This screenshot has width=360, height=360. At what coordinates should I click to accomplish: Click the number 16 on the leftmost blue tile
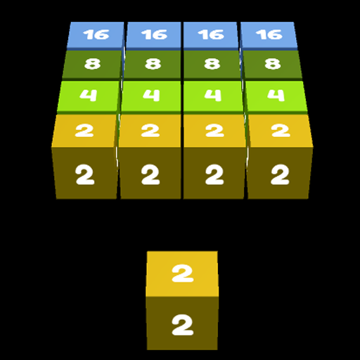[96, 34]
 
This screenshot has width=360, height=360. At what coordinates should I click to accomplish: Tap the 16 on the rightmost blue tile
[269, 34]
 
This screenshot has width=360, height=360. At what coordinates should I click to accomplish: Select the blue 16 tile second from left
[154, 35]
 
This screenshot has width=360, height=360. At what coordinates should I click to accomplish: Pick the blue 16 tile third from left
[210, 35]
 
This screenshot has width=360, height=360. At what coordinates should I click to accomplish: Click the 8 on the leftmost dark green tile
[92, 64]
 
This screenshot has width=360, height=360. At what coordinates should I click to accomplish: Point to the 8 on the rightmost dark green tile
[273, 64]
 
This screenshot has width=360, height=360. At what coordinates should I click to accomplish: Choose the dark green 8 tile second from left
[153, 64]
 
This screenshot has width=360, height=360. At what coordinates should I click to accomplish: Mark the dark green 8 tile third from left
[212, 64]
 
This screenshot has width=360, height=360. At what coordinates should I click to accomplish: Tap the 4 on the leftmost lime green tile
[88, 95]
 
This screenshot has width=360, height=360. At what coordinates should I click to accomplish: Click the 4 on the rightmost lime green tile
[276, 95]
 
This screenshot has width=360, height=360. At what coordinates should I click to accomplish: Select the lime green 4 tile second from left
[151, 96]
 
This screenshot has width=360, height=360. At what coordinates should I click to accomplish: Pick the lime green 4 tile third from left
[213, 96]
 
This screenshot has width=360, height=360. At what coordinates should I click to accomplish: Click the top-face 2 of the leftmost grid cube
[84, 131]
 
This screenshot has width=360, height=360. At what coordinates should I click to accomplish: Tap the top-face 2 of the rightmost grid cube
[281, 131]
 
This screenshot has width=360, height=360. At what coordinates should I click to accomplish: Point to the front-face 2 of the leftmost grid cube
[85, 174]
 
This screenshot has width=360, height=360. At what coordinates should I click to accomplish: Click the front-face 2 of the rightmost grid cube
[280, 174]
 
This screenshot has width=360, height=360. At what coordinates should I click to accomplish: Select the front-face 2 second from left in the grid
[150, 174]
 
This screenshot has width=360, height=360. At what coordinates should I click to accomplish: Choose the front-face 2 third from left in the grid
[214, 174]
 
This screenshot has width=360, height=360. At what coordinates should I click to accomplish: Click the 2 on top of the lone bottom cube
[183, 273]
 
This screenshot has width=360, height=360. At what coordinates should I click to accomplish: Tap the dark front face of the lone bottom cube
[182, 323]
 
